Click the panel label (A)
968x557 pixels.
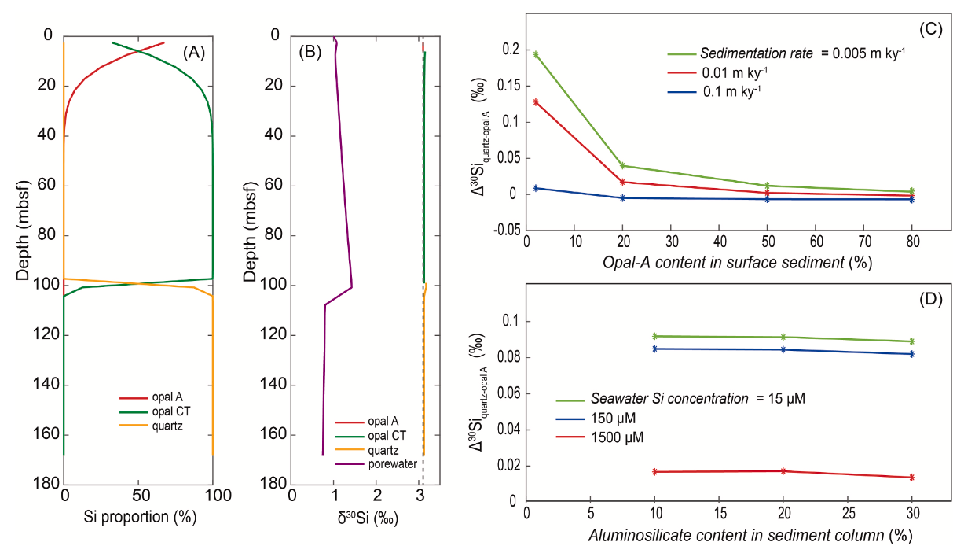pos(193,53)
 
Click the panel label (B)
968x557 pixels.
pos(310,53)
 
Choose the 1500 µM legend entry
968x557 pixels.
pos(621,437)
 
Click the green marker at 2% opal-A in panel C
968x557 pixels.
pos(536,54)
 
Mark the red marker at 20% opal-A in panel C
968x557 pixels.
pos(622,182)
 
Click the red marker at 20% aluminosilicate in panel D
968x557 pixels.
pos(783,471)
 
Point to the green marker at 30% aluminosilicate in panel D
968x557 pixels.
pos(912,341)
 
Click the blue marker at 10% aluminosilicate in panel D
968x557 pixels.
pos(654,349)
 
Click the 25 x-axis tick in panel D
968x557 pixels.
pos(848,515)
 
